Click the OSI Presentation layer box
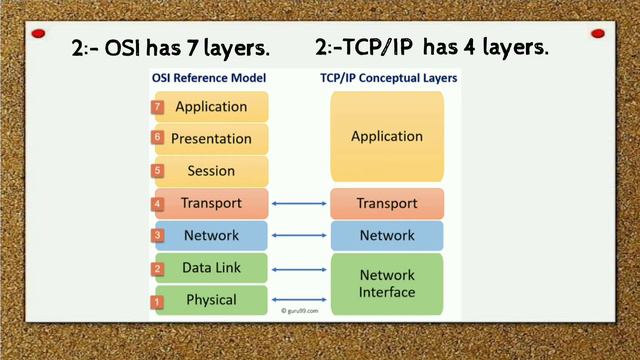pyautogui.click(x=211, y=138)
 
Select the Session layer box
pyautogui.click(x=211, y=171)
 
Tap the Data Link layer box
pyautogui.click(x=211, y=268)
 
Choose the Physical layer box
pyautogui.click(x=211, y=300)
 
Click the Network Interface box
pyautogui.click(x=387, y=283)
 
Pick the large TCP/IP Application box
pyautogui.click(x=387, y=137)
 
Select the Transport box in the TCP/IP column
pyautogui.click(x=387, y=203)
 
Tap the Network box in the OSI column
pyautogui.click(x=211, y=235)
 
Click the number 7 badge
pyautogui.click(x=157, y=107)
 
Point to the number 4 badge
pyautogui.click(x=157, y=204)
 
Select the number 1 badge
pyautogui.click(x=157, y=301)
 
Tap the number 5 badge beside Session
pyautogui.click(x=157, y=171)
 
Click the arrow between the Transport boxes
pyautogui.click(x=300, y=204)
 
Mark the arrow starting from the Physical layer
pyautogui.click(x=300, y=300)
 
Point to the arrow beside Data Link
pyautogui.click(x=300, y=268)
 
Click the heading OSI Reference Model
pyautogui.click(x=208, y=77)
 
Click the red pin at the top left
pyautogui.click(x=38, y=34)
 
